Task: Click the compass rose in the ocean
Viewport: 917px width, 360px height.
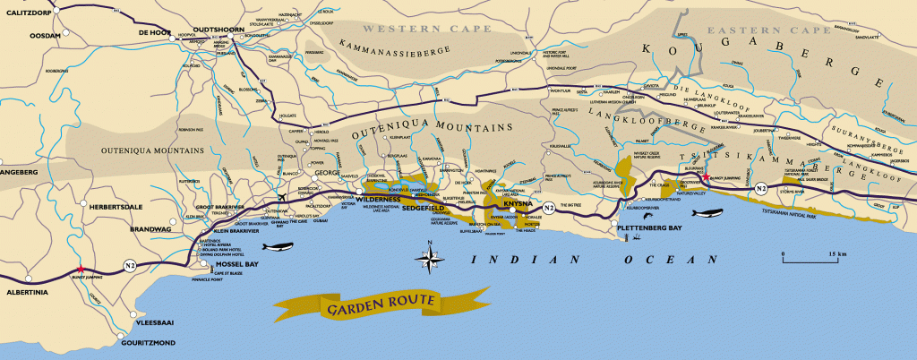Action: [x=429, y=259]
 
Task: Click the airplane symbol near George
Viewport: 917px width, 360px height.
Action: [x=284, y=197]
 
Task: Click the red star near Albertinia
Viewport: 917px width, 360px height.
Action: [x=81, y=268]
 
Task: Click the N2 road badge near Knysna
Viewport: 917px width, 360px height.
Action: [x=548, y=207]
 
